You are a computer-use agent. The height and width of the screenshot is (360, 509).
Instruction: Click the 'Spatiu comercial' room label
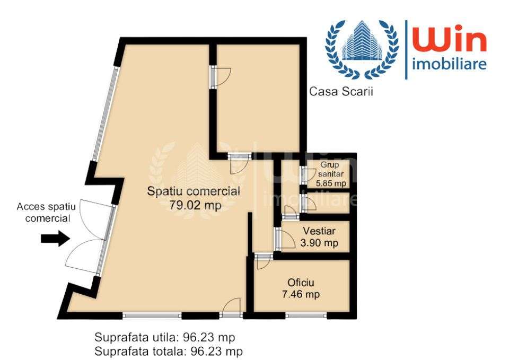point(194,191)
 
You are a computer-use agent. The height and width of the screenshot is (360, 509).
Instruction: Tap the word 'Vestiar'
point(319,231)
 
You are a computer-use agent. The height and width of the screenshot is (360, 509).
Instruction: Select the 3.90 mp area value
point(319,243)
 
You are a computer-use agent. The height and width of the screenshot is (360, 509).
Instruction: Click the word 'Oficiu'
point(301,282)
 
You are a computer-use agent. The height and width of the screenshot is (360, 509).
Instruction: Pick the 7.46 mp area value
point(301,295)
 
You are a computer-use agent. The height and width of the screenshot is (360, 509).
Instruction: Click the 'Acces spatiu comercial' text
point(47,212)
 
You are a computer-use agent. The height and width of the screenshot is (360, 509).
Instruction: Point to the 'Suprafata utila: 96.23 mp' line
point(164,337)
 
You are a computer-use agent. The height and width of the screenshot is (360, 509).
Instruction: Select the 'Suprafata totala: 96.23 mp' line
point(168,350)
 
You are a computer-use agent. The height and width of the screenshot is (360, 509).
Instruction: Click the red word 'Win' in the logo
point(450,41)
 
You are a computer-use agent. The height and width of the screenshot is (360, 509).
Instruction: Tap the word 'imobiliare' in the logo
point(449,65)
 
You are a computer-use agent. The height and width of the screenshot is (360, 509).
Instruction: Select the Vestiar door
point(285,239)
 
